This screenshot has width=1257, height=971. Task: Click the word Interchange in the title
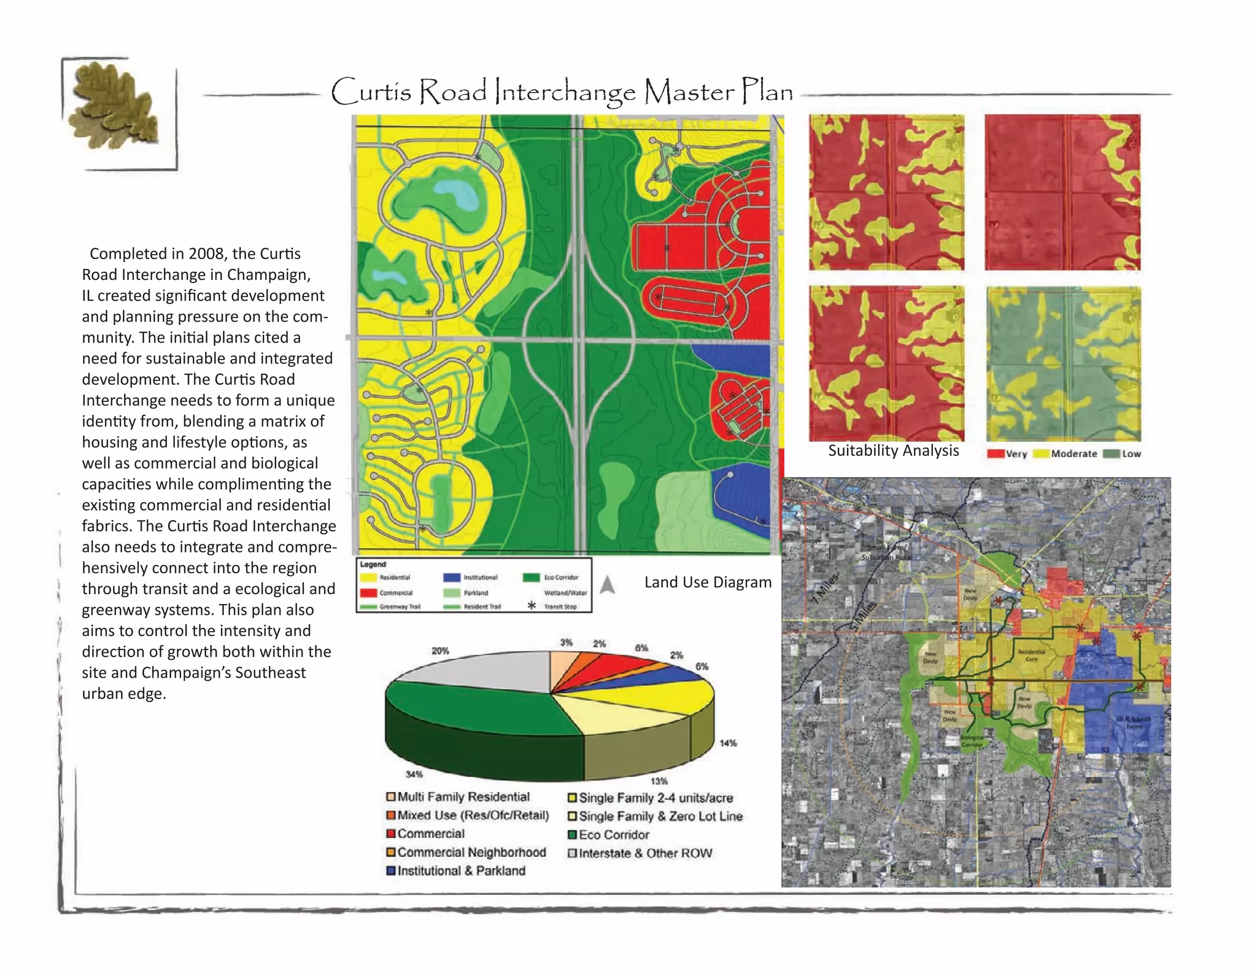coord(565,92)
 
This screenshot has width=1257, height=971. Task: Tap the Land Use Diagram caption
coord(708,582)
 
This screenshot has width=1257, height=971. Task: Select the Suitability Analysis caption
coord(893,451)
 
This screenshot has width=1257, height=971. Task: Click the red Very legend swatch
coord(995,454)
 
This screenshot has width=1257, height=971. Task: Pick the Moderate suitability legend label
coord(1073,454)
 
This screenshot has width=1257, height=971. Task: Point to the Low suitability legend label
coord(1131,454)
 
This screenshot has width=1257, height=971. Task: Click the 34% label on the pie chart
coord(414,774)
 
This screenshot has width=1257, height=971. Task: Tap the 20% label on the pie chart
coord(440,651)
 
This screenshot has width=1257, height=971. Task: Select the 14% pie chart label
coord(728,743)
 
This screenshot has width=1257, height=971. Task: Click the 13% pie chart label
coord(659,781)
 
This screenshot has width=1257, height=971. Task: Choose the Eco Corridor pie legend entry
coord(613,835)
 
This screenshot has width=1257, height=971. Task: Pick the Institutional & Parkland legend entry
coord(461,870)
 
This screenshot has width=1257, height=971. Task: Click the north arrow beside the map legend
coord(607,584)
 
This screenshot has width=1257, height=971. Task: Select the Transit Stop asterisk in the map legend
coord(532,605)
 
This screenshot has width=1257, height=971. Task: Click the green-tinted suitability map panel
coord(1063,363)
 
